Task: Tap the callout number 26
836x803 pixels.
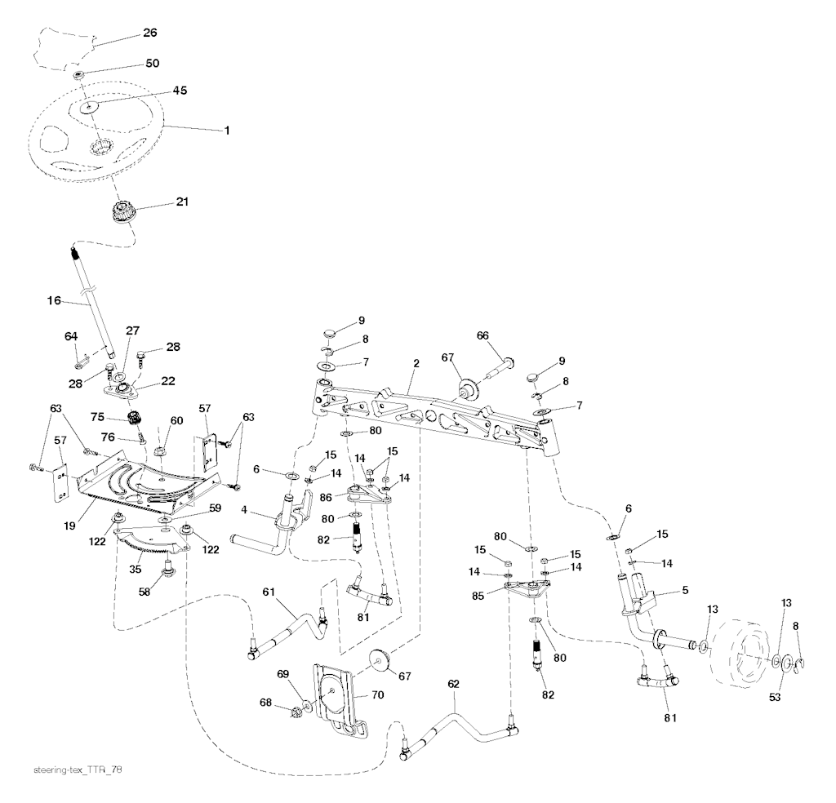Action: (150, 33)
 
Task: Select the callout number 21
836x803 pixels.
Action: (181, 202)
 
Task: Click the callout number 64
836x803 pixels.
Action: (71, 335)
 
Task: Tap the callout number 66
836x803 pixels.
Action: (483, 335)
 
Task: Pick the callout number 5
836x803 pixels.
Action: (685, 589)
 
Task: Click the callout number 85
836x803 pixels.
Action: (480, 596)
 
